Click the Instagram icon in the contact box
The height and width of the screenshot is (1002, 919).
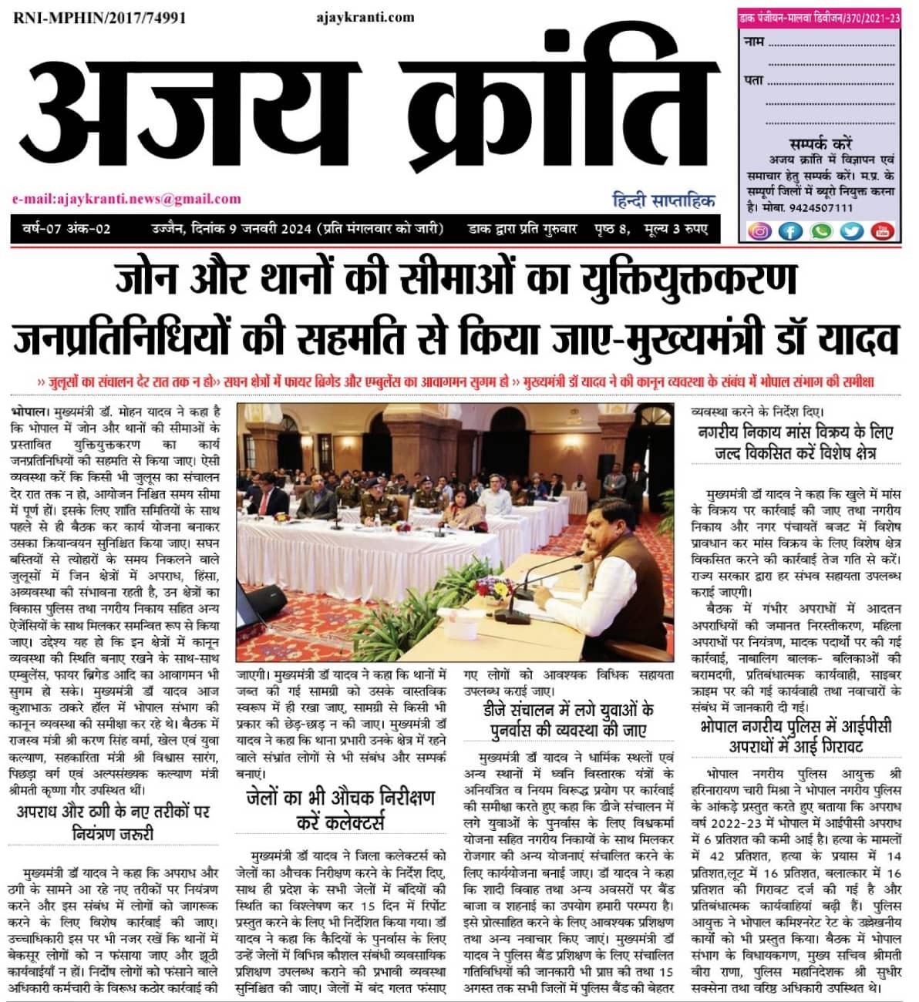click(760, 230)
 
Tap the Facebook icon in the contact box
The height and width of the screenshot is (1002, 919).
click(790, 230)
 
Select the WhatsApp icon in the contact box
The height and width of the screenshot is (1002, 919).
click(820, 230)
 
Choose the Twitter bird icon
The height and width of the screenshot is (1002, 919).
click(851, 230)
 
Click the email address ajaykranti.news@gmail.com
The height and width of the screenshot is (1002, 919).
click(126, 199)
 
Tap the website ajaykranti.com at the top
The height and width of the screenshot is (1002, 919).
click(365, 17)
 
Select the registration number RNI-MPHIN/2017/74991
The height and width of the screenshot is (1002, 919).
click(99, 18)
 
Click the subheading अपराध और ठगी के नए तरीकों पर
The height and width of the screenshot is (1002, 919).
click(113, 811)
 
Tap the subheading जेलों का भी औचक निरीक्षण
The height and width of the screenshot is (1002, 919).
click(340, 797)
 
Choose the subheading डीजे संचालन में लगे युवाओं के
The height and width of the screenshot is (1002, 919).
click(569, 709)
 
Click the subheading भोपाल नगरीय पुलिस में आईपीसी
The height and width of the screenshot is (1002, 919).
click(796, 726)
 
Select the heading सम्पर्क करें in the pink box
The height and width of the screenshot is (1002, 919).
click(820, 144)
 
